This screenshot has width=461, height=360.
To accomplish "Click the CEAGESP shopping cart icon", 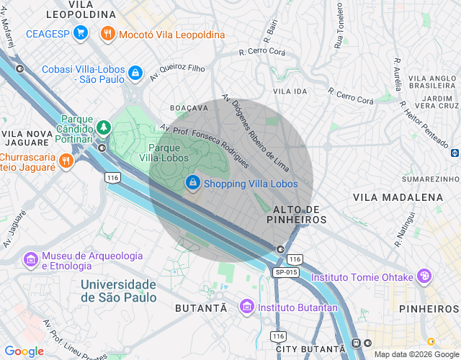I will (x=81, y=33).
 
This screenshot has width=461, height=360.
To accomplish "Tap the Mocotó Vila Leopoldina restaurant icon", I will (x=107, y=33).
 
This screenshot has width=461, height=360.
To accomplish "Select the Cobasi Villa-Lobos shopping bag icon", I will (x=135, y=72).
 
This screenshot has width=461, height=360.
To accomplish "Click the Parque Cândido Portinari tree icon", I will (x=104, y=127).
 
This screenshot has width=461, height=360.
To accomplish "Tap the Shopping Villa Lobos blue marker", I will (x=192, y=184).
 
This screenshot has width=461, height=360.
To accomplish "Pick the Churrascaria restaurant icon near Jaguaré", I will (x=66, y=161).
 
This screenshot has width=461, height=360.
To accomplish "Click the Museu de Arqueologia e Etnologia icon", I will (x=31, y=259).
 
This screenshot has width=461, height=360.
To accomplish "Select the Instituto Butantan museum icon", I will (x=247, y=307).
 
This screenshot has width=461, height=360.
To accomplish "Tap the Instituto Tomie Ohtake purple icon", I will (x=425, y=276).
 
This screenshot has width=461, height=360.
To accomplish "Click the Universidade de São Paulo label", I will (x=118, y=291).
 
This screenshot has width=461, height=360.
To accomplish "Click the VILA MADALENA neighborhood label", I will (x=398, y=197).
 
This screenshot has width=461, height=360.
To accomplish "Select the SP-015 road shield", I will (x=286, y=272).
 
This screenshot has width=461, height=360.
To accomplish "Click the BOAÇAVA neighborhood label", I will (x=189, y=107).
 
